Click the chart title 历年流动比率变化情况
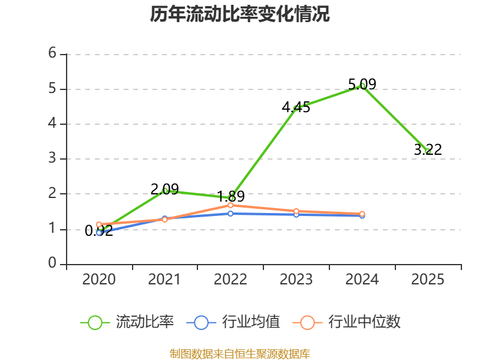pyautogui.click(x=239, y=14)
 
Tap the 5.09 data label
pyautogui.click(x=362, y=84)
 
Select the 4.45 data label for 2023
pyautogui.click(x=296, y=107)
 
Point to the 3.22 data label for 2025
pyautogui.click(x=428, y=149)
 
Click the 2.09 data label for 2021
pyautogui.click(x=164, y=189)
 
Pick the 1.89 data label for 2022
pyautogui.click(x=230, y=196)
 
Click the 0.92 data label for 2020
pyautogui.click(x=99, y=230)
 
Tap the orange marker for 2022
pyautogui.click(x=230, y=205)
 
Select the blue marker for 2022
pyautogui.click(x=230, y=214)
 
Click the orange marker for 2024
pyautogui.click(x=362, y=214)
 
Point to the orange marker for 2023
pyautogui.click(x=296, y=211)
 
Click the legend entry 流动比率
pyautogui.click(x=127, y=322)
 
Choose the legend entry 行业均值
pyautogui.click(x=233, y=322)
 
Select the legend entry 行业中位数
pyautogui.click(x=347, y=322)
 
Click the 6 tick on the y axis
pyautogui.click(x=52, y=53)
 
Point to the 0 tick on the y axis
pyautogui.click(x=52, y=263)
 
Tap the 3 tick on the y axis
pyautogui.click(x=52, y=158)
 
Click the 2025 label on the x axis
pyautogui.click(x=428, y=280)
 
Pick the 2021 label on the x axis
pyautogui.click(x=164, y=280)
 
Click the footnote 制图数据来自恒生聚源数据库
pyautogui.click(x=240, y=354)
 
